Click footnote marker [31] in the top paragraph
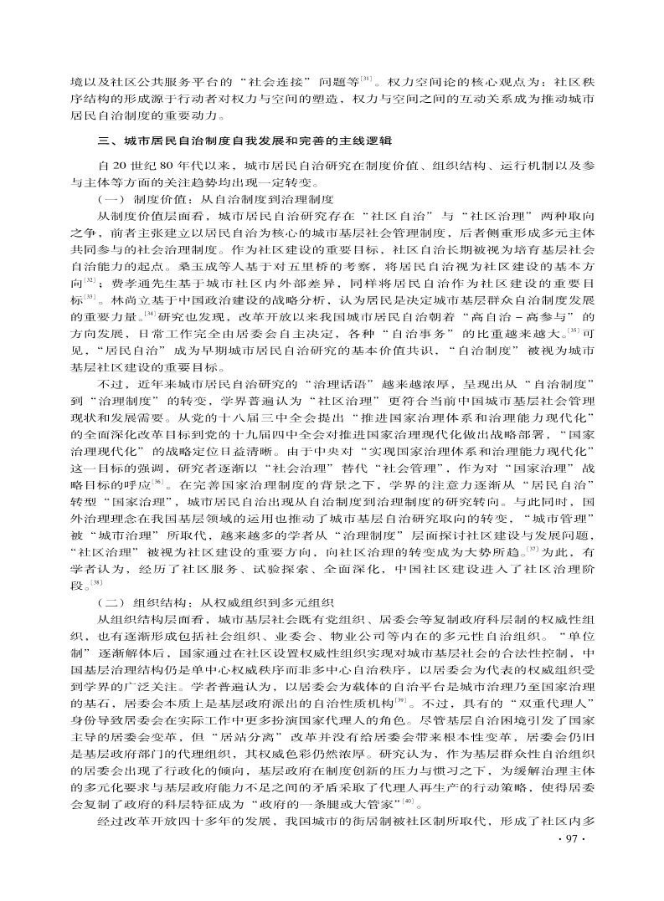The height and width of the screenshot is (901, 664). pyautogui.click(x=367, y=79)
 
